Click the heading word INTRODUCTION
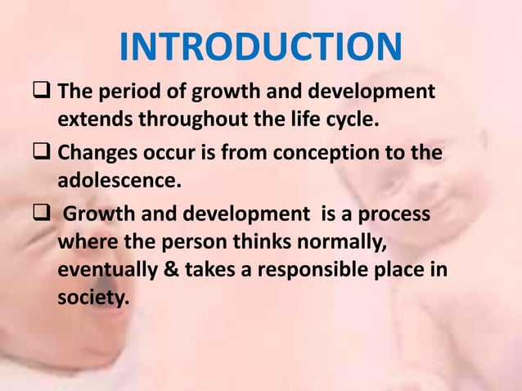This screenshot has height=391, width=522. [260, 47]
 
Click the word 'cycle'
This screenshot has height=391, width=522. [353, 119]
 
